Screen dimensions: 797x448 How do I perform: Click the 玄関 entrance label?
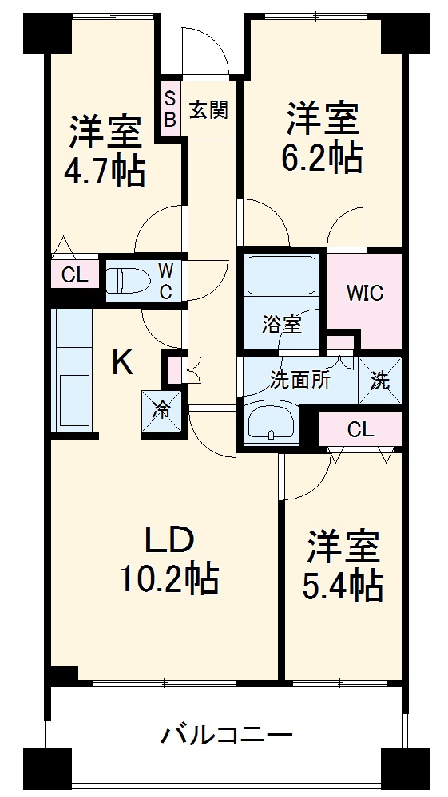tap(208, 109)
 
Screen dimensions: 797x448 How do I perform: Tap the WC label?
tap(165, 279)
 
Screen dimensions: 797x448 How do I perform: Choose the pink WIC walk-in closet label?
tap(364, 293)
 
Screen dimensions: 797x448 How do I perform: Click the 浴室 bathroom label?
tap(282, 324)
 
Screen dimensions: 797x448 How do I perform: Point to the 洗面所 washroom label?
tap(300, 381)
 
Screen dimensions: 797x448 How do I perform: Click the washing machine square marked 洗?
tap(381, 381)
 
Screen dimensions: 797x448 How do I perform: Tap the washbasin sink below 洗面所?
tap(272, 422)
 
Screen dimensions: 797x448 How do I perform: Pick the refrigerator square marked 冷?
tap(161, 411)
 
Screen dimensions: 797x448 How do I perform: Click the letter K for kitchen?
tap(121, 363)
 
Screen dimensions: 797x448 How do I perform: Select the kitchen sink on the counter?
tap(74, 399)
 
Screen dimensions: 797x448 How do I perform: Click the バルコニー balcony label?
tap(226, 733)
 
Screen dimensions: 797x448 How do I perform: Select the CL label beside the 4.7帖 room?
tap(75, 276)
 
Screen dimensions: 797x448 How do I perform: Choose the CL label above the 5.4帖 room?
tap(360, 430)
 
